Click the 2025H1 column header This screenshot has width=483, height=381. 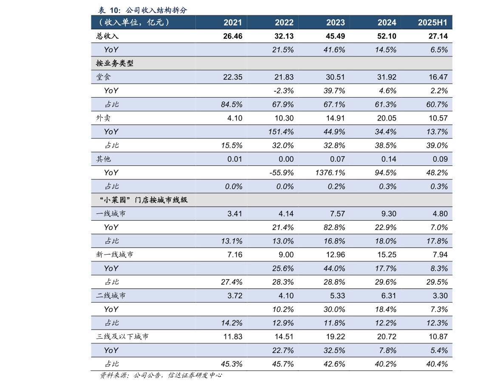(432, 23)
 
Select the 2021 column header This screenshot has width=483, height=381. (233, 23)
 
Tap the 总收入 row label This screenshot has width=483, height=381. (107, 36)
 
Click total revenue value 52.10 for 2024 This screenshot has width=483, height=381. (387, 36)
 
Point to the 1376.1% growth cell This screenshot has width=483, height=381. (330, 173)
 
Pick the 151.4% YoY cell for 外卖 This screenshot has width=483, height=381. (281, 132)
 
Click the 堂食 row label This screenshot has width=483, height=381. (104, 77)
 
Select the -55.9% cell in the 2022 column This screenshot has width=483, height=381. (282, 173)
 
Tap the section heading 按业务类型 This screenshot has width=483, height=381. (115, 64)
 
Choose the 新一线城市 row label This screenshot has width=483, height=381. (115, 255)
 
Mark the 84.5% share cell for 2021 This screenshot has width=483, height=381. (232, 104)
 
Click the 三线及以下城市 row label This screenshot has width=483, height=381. (123, 336)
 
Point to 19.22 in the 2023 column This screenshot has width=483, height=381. (336, 336)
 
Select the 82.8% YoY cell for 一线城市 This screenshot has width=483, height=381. (333, 227)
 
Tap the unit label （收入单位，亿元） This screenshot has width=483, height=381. (133, 23)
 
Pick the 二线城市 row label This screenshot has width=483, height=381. (111, 296)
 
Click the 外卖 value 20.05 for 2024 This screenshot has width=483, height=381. (387, 118)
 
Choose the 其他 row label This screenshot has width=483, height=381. (104, 159)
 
